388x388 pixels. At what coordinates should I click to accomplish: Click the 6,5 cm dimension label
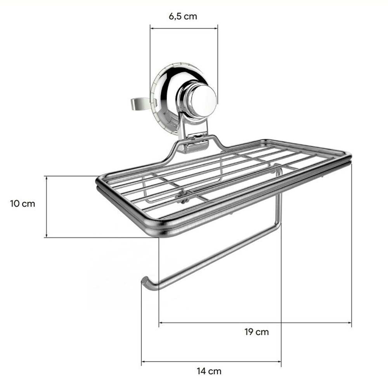(183, 16)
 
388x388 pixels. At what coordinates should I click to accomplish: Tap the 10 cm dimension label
(23, 204)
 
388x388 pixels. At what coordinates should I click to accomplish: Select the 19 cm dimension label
(256, 332)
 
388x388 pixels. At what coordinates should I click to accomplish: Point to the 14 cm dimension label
(209, 371)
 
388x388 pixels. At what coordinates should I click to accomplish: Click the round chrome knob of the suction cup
(203, 100)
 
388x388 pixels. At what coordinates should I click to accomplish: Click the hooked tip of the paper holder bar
(144, 281)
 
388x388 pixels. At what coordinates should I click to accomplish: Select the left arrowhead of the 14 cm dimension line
(143, 362)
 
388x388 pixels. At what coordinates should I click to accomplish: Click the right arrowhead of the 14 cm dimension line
(279, 362)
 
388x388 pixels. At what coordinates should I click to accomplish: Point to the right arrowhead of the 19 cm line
(350, 323)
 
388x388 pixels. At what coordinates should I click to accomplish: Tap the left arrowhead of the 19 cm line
(161, 323)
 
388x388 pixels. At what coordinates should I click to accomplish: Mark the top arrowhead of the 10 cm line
(46, 178)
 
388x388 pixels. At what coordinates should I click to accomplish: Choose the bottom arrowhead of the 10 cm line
(46, 236)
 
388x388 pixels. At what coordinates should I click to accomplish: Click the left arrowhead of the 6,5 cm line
(152, 28)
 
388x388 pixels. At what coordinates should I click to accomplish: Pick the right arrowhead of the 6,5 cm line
(216, 28)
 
